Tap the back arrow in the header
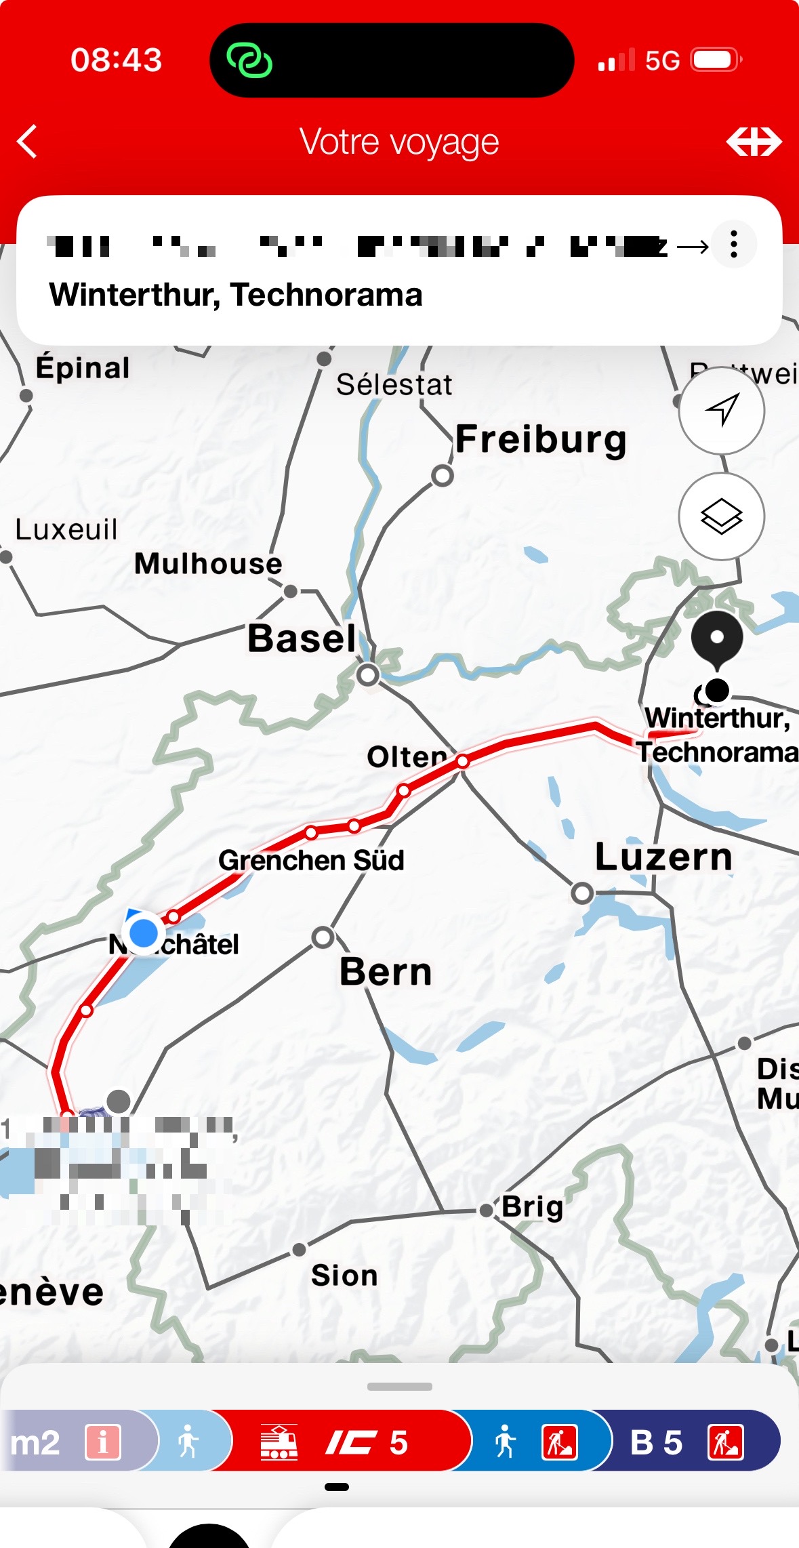(27, 142)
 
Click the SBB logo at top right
(754, 142)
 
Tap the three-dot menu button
(734, 244)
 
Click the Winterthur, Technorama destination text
(236, 295)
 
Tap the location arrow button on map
(722, 410)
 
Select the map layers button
(722, 516)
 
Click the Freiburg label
(541, 439)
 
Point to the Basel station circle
(368, 674)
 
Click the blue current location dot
(144, 933)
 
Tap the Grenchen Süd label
(311, 860)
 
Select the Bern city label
(386, 972)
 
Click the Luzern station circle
(582, 893)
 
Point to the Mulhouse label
(208, 564)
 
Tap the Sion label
(344, 1276)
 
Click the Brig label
(533, 1206)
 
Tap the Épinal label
(83, 368)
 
